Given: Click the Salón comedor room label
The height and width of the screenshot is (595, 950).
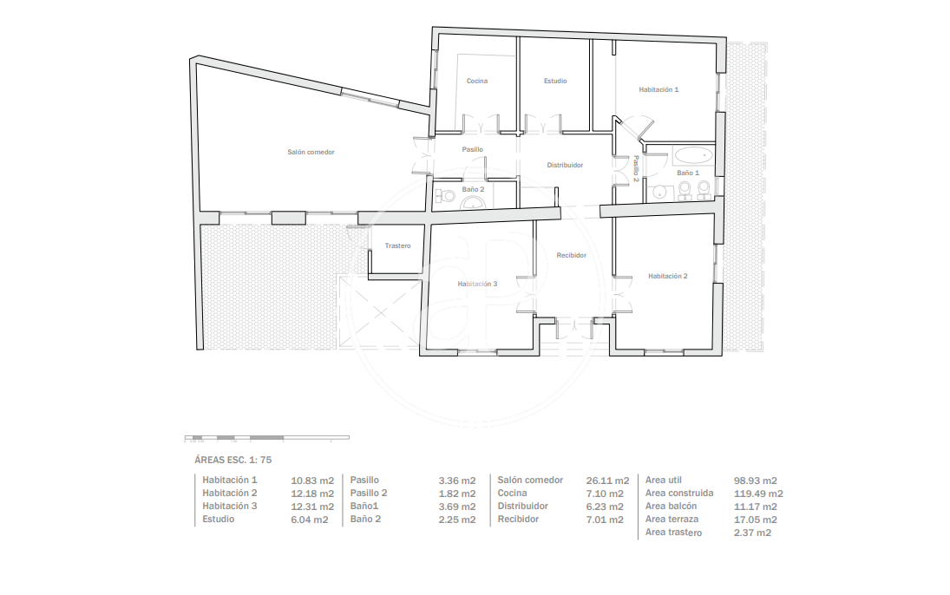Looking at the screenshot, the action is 311,152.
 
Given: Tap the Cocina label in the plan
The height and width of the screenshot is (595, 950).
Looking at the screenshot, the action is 477,81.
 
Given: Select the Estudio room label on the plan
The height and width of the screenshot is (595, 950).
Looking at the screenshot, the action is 555,81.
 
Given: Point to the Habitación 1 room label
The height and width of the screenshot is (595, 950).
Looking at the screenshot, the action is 658,89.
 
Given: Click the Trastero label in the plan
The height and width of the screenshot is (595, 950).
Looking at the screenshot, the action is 397,246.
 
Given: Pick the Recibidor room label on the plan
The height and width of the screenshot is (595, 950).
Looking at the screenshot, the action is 572,256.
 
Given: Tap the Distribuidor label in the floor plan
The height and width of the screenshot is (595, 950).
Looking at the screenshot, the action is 565,165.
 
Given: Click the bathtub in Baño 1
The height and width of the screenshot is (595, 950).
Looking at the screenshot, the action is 694,155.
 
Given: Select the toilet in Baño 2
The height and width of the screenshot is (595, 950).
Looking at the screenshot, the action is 447,196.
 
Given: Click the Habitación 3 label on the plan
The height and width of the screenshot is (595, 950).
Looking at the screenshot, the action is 477,284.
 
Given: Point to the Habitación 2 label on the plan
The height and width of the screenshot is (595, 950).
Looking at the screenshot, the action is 668,277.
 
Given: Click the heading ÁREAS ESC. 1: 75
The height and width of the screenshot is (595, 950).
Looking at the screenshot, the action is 233,460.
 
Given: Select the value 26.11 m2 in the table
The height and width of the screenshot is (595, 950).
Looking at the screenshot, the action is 607,481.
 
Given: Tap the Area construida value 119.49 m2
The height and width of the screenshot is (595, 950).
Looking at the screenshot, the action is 758,494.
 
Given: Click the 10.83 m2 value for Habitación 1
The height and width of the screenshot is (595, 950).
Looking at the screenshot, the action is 312,481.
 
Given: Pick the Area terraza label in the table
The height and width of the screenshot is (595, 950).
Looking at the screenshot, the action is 672,520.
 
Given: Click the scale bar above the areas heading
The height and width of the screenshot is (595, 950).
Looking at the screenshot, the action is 266,437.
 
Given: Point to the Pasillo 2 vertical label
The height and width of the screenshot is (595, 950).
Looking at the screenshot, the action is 636,169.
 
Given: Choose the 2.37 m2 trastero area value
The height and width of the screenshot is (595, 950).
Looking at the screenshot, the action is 752,533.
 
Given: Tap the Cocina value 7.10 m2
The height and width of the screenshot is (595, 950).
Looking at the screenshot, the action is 605,494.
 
